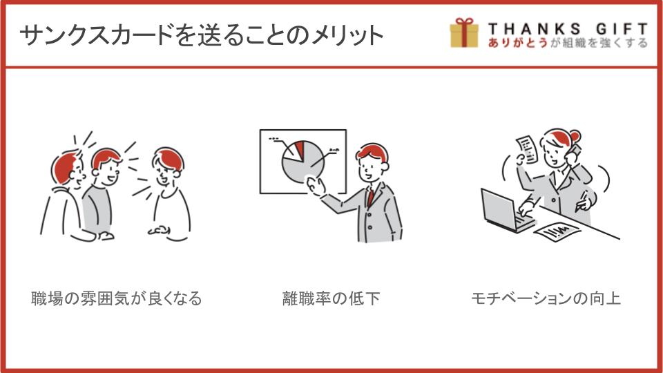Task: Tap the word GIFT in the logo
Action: point(622,29)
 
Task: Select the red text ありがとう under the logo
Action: point(518,42)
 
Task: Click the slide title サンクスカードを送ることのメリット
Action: point(201,35)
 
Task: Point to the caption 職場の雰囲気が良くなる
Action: point(117,298)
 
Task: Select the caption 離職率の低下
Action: point(331,298)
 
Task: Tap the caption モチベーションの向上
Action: point(546,298)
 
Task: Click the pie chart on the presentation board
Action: point(303,161)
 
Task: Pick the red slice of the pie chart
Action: point(300,150)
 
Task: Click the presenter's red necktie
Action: point(370,197)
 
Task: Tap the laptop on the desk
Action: point(506,211)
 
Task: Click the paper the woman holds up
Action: point(527,149)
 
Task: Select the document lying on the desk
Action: point(557,232)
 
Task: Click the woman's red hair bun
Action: point(575,137)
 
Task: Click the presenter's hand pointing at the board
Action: point(316,186)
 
